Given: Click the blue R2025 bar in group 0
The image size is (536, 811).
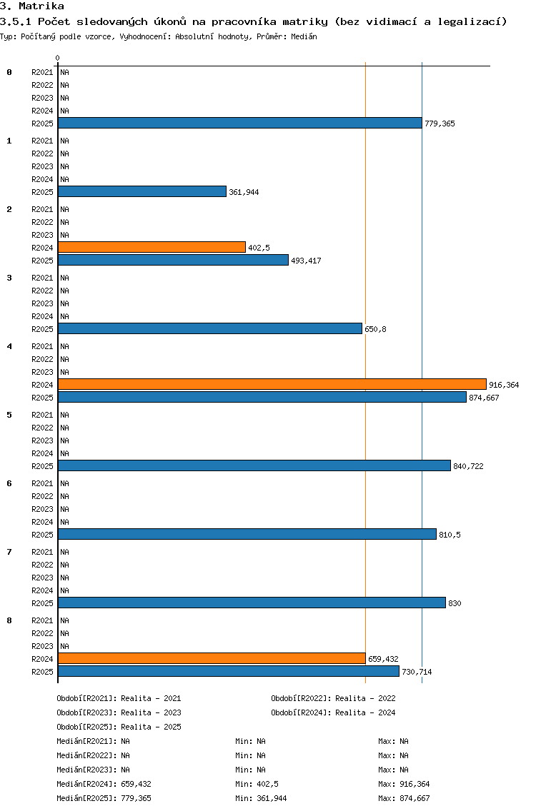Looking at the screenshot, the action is pyautogui.click(x=240, y=123).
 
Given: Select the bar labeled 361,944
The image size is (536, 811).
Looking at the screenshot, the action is pyautogui.click(x=142, y=191).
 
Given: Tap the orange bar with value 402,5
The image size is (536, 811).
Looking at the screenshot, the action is pyautogui.click(x=152, y=247).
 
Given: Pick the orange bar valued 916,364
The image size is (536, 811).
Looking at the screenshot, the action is pyautogui.click(x=272, y=384).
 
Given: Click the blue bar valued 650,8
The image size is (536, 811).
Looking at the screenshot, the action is pyautogui.click(x=209, y=328).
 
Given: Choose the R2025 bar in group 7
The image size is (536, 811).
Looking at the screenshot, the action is pyautogui.click(x=252, y=603).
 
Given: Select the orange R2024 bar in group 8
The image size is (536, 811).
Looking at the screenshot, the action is pyautogui.click(x=212, y=658).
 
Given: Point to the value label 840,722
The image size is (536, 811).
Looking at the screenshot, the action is pyautogui.click(x=468, y=466).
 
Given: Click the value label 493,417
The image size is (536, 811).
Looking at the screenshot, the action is pyautogui.click(x=306, y=261).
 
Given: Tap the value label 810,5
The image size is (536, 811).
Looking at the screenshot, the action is pyautogui.click(x=450, y=535).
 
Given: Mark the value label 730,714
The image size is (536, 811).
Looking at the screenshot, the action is pyautogui.click(x=417, y=672).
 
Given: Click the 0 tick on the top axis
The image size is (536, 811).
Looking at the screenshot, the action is pyautogui.click(x=57, y=58).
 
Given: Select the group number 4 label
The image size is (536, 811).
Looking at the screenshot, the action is pyautogui.click(x=9, y=346).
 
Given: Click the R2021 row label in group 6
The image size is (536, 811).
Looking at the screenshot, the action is pyautogui.click(x=42, y=483).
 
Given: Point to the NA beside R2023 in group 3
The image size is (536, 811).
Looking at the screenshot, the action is pyautogui.click(x=65, y=303).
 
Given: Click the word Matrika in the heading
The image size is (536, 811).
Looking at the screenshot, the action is pyautogui.click(x=41, y=6).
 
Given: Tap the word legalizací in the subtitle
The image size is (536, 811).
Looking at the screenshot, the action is pyautogui.click(x=472, y=21).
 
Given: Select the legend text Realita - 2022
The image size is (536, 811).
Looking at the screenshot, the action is pyautogui.click(x=366, y=698).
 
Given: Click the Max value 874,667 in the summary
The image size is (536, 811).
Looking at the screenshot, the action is pyautogui.click(x=415, y=798).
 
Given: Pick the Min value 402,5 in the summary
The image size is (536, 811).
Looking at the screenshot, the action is pyautogui.click(x=268, y=784).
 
